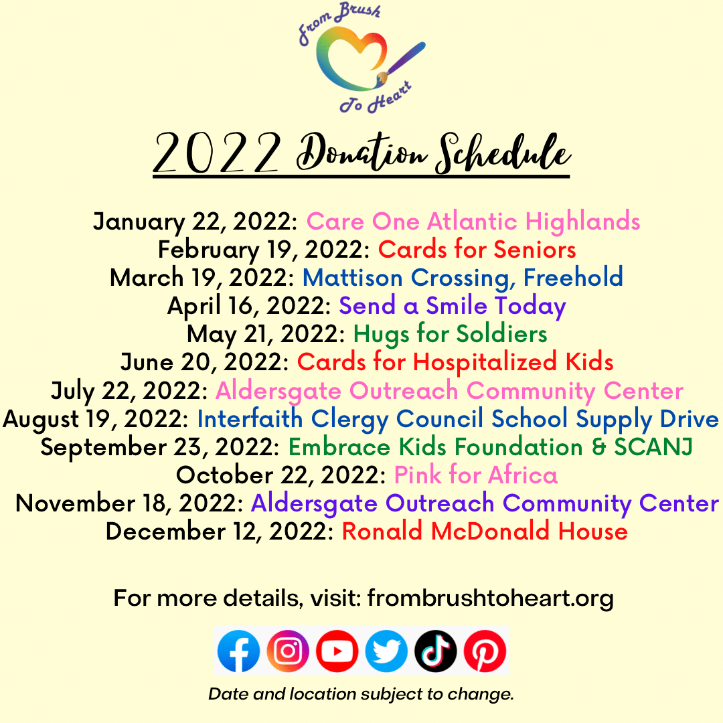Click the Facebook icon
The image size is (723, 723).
238,651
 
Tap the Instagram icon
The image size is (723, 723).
288,651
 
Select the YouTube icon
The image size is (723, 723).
337,651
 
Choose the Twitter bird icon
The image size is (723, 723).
386,651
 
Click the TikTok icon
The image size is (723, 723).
436,651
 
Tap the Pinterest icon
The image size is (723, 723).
485,651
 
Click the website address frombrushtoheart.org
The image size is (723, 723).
490,598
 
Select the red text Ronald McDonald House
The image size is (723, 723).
485,531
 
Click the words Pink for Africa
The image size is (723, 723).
476,475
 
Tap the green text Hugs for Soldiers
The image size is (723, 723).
450,334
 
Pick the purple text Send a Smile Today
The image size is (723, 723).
453,306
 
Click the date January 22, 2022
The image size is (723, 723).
195,222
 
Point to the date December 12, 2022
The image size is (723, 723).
220,532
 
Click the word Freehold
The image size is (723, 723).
573,277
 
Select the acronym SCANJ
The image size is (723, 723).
653,447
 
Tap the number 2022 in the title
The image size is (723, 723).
217,152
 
